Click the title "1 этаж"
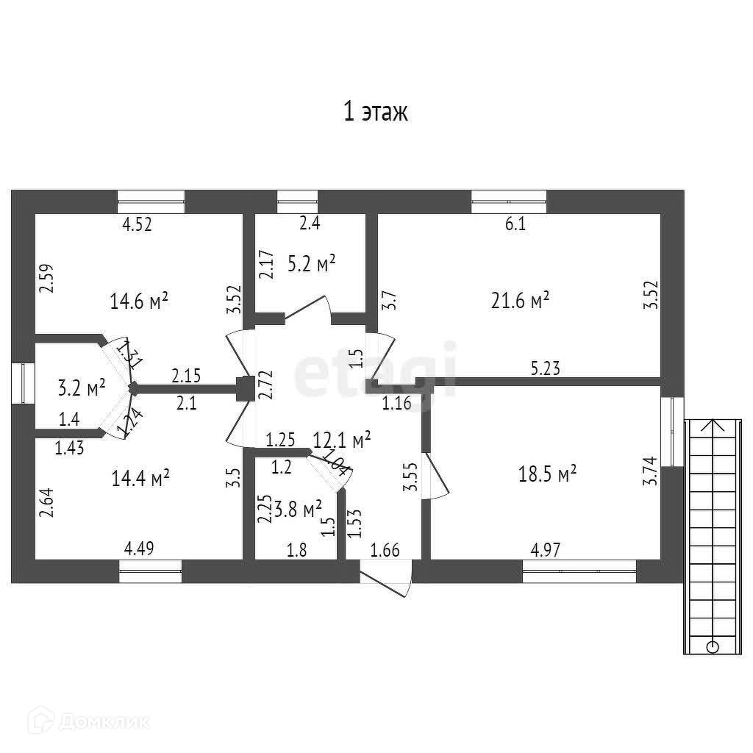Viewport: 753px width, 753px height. pyautogui.click(x=375, y=112)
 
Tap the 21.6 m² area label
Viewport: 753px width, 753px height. pyautogui.click(x=521, y=300)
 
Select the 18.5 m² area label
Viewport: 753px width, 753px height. pyautogui.click(x=547, y=474)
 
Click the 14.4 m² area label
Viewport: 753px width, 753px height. pyautogui.click(x=140, y=479)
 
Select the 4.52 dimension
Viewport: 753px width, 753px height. pyautogui.click(x=136, y=225)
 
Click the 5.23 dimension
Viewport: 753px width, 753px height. pyautogui.click(x=546, y=370)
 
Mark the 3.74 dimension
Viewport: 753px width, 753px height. pyautogui.click(x=649, y=471)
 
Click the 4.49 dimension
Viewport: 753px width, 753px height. pyautogui.click(x=139, y=548)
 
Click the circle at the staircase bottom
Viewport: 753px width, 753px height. pyautogui.click(x=712, y=647)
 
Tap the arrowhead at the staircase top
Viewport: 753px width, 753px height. pyautogui.click(x=712, y=425)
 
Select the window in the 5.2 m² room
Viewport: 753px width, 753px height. pyautogui.click(x=297, y=197)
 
